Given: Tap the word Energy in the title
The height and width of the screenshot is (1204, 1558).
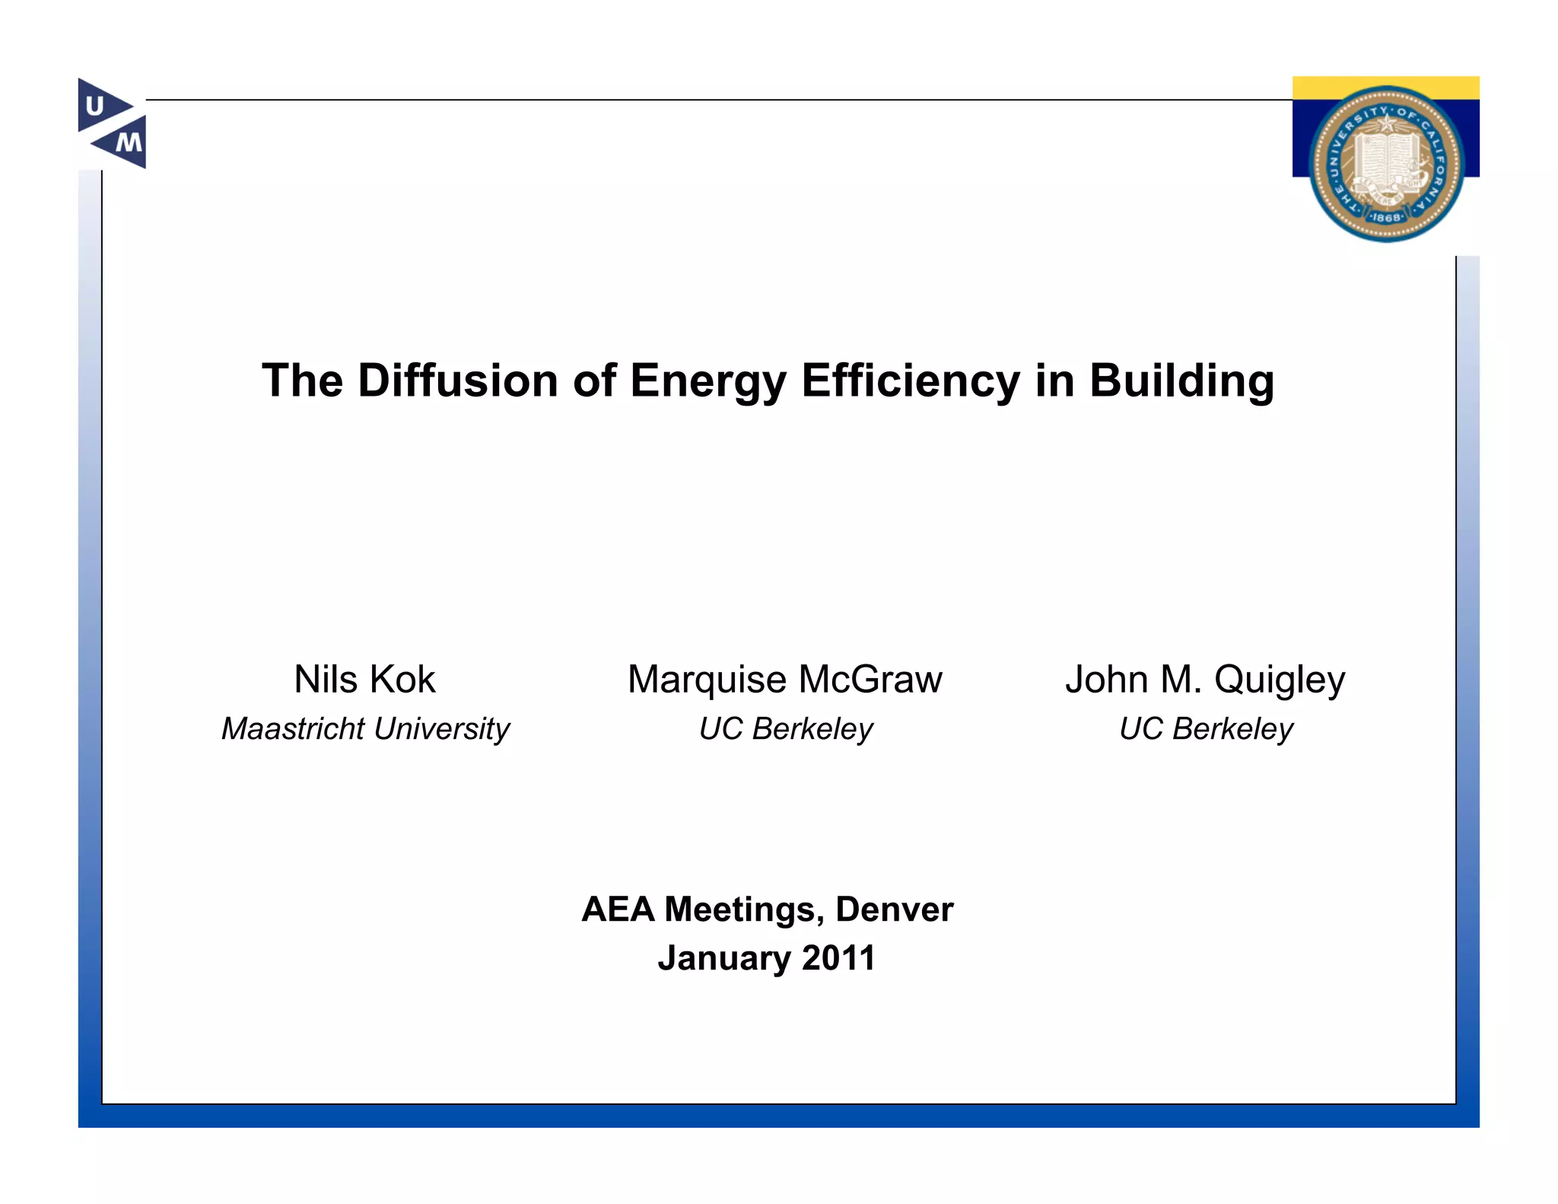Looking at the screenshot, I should pos(707,381).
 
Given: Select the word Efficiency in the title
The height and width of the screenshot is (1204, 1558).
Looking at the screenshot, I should pos(910,381).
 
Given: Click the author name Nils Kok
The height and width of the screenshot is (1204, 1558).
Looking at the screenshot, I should pos(364,679).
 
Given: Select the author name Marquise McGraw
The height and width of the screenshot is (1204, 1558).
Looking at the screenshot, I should pos(784,679).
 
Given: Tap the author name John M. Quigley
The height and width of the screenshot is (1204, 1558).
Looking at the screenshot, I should pos(1205,679).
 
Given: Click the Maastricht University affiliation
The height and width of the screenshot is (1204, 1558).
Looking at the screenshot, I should pos(365,729).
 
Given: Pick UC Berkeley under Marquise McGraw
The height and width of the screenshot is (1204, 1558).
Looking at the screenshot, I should pos(786,729).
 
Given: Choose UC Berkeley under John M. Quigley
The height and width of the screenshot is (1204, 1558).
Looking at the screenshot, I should pos(1206,729).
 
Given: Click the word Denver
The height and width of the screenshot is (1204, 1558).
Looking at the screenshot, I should pos(894,909).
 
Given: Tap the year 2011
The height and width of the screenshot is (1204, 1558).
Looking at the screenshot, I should pos(838,957).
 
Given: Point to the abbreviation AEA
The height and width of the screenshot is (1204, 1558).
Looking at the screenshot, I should pos(618,909).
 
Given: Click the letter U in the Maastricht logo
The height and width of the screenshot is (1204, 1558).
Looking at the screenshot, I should pos(95,106).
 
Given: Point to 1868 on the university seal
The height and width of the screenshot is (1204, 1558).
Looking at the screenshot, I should pos(1386,218).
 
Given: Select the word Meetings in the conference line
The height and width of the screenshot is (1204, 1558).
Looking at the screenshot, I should pos(744,909).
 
